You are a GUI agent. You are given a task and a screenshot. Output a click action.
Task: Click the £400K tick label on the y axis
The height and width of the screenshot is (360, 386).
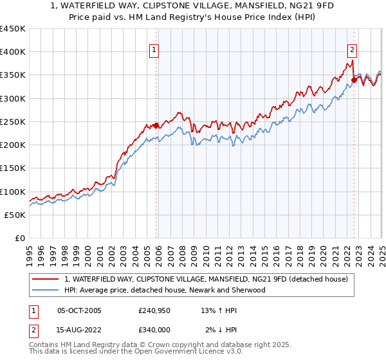click(13, 52)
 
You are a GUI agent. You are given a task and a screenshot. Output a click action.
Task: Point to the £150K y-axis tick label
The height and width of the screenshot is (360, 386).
click(13, 168)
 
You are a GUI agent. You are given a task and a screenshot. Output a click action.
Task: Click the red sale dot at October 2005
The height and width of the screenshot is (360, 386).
click(156, 126)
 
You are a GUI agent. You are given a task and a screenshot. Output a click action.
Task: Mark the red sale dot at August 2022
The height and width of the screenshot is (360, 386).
click(354, 80)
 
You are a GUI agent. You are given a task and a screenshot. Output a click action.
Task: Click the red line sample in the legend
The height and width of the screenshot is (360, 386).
click(45, 279)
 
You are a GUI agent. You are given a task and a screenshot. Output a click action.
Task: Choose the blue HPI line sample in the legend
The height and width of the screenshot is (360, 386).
click(45, 290)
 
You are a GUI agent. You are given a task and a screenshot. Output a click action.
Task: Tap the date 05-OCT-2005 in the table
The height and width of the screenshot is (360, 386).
click(79, 310)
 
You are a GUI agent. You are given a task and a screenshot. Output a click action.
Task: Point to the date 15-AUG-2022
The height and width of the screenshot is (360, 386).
click(79, 330)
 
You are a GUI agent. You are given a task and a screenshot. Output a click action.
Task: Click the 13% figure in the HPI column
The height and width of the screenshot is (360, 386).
click(208, 310)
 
